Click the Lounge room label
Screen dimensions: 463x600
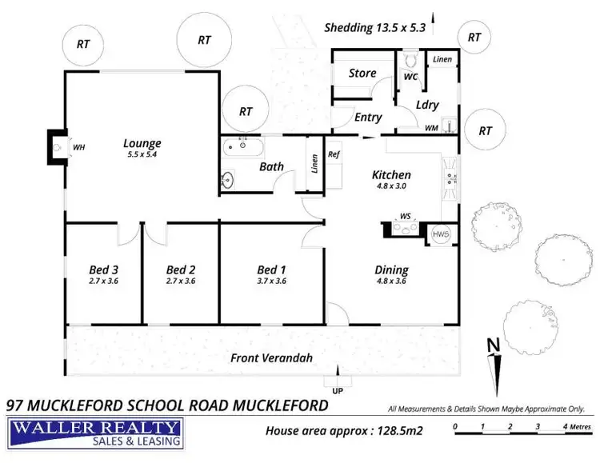(x=142, y=144)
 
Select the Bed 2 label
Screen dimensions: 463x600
(x=181, y=269)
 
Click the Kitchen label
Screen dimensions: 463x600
(x=391, y=175)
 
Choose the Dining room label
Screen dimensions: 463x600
(x=391, y=269)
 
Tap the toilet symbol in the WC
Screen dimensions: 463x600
(x=411, y=60)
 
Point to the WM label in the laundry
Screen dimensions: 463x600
(x=431, y=127)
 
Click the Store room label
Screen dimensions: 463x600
(x=362, y=74)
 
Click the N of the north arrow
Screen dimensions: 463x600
(x=494, y=345)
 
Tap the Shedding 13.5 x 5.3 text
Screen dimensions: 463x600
(x=374, y=27)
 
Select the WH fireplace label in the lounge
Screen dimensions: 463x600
(x=78, y=148)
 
